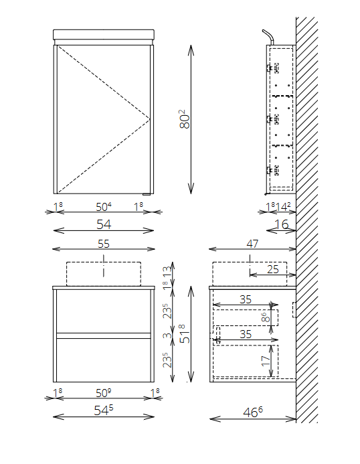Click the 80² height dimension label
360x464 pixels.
click(184, 119)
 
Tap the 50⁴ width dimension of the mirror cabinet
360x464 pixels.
click(104, 207)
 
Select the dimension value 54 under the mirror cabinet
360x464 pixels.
click(104, 224)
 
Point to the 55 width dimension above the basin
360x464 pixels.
click(104, 244)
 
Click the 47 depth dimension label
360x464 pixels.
click(252, 244)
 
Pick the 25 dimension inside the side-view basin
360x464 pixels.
click(273, 269)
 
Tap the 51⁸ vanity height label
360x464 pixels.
click(185, 334)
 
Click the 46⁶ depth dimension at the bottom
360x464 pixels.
click(253, 412)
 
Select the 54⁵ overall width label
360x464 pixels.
click(104, 410)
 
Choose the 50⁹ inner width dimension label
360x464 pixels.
click(104, 393)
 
